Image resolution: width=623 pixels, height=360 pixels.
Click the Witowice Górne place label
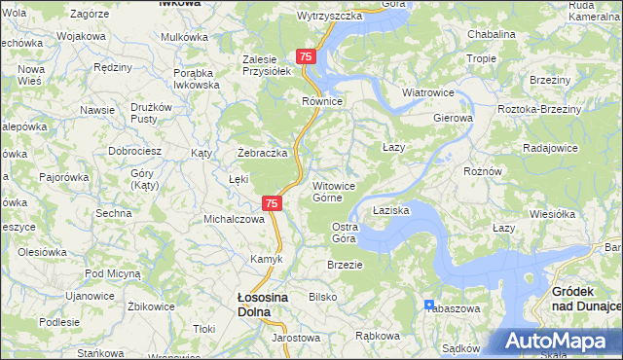tap(340, 191)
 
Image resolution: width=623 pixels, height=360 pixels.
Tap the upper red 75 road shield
tap(306, 58)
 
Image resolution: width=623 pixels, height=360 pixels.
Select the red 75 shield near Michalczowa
tap(273, 203)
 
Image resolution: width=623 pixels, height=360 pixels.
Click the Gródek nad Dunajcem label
tap(586, 299)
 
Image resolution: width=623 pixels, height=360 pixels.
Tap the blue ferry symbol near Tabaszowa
tap(429, 305)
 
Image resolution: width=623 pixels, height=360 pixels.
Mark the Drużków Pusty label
tap(151, 113)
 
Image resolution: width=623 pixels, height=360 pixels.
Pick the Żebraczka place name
tap(263, 154)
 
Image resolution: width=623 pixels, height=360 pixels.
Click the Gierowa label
tap(453, 118)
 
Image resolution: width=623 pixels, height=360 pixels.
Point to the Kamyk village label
tap(266, 259)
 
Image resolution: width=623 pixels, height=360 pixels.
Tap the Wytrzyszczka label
tap(329, 17)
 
